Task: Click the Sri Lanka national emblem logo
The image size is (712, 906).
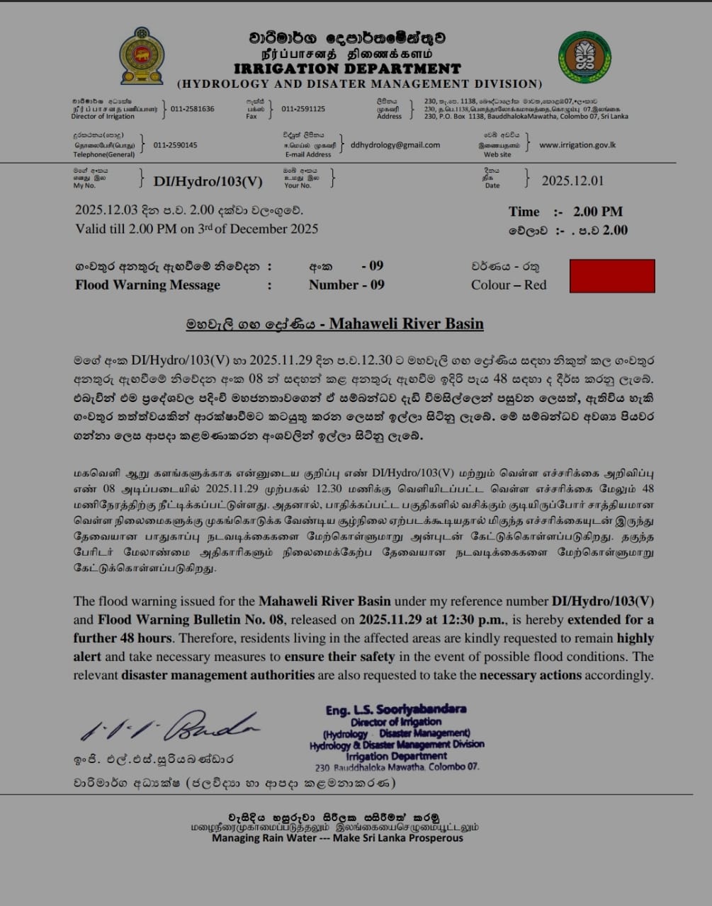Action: pos(142,56)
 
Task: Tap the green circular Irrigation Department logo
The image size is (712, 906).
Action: pos(584,57)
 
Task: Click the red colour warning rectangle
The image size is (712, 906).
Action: pos(612,276)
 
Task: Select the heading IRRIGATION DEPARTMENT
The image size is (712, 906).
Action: pos(347,69)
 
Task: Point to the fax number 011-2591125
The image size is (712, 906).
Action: pos(303,109)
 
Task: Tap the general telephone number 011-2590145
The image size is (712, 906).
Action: pos(175,145)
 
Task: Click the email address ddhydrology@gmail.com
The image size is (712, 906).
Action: pos(395,145)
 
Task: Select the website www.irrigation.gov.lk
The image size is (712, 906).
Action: pos(577,145)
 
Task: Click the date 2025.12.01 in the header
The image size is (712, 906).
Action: pos(572,180)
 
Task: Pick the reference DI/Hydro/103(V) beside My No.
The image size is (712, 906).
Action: pos(208,181)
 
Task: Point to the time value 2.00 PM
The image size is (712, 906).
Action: pos(598,212)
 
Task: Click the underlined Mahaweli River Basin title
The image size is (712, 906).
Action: pos(406,324)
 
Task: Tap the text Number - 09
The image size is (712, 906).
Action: pos(346,285)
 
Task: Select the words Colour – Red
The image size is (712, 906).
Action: pos(509,285)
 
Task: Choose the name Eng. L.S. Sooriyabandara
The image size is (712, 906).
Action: pos(396,710)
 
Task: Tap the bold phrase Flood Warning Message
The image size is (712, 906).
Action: pos(147,285)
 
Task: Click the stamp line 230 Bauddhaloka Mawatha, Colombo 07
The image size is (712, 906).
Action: pos(397,767)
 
